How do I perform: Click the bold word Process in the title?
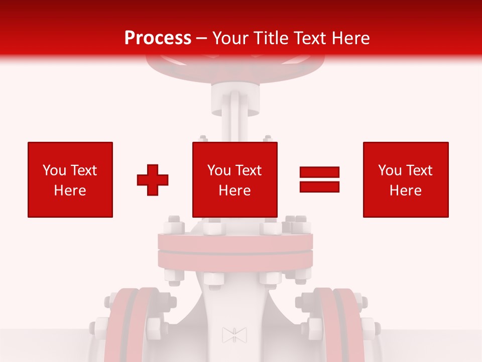[158, 38]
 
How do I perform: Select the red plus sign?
[153, 179]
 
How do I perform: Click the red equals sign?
[319, 179]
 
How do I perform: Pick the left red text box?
[70, 179]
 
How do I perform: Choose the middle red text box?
[235, 179]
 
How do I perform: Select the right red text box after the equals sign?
[406, 179]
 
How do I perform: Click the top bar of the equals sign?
[319, 172]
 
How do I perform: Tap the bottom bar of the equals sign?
[319, 187]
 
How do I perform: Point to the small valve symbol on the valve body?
[234, 335]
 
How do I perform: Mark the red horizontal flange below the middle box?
[235, 251]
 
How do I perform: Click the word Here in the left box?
[70, 191]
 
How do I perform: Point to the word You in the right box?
[390, 170]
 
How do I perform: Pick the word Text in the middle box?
[250, 170]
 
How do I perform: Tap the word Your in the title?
[230, 38]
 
